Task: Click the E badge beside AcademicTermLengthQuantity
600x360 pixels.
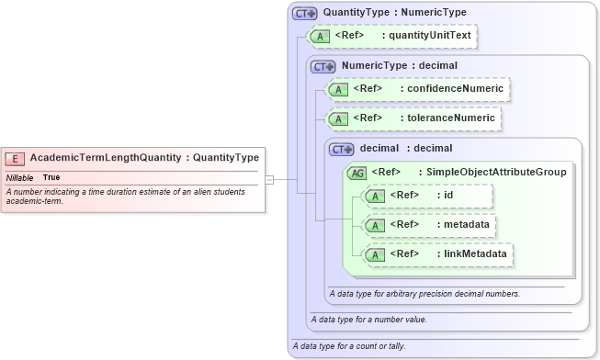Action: click(x=17, y=158)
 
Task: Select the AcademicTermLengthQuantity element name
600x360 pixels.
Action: click(x=106, y=158)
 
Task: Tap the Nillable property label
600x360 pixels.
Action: click(x=20, y=177)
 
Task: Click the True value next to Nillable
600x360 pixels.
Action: click(x=51, y=177)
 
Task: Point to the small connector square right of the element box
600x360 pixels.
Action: click(x=269, y=180)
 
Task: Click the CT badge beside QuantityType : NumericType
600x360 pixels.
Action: click(x=304, y=14)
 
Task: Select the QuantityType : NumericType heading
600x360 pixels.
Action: click(x=394, y=13)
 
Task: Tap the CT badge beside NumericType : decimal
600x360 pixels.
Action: click(x=323, y=66)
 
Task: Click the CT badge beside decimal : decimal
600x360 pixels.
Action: click(x=341, y=149)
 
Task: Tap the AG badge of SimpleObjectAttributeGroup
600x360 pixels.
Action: click(x=357, y=172)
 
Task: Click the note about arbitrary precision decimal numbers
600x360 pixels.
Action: click(x=425, y=294)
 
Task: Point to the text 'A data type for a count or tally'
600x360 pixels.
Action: click(x=348, y=346)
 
